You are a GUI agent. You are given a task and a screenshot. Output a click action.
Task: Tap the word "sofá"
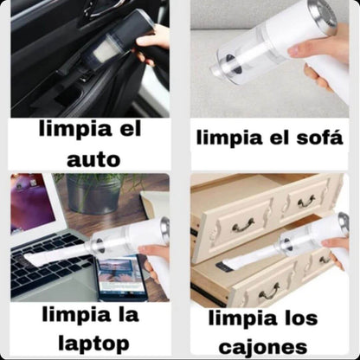317,138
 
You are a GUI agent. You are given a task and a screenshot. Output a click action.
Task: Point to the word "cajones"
263,346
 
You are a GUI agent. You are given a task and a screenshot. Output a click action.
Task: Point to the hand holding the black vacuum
155,42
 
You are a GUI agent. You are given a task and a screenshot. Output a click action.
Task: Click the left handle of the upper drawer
243,223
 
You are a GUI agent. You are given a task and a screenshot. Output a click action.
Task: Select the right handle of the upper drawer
306,202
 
